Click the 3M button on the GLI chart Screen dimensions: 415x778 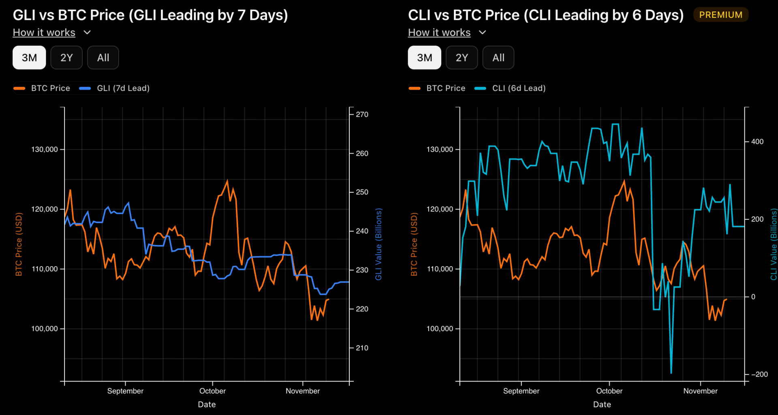(29, 58)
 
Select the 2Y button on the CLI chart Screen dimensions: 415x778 (462, 58)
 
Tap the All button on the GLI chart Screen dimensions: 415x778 (103, 58)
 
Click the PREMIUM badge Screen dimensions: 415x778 (720, 15)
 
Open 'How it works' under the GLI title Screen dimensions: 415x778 (44, 32)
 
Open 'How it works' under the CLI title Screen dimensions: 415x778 (439, 32)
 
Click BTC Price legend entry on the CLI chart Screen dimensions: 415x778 (437, 88)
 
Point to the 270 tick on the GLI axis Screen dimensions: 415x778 (362, 114)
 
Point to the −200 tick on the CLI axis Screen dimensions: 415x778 (759, 374)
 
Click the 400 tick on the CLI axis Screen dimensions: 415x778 (757, 142)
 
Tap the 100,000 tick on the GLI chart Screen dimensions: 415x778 (45, 329)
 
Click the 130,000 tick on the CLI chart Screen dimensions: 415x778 (440, 149)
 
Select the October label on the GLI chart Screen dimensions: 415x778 (212, 391)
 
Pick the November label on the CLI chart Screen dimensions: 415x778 (700, 391)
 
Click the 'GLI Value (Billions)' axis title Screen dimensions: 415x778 (378, 244)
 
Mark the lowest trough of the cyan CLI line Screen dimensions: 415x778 (671, 372)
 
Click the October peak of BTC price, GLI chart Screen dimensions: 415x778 (227, 181)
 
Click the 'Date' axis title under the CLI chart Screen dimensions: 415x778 (602, 404)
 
